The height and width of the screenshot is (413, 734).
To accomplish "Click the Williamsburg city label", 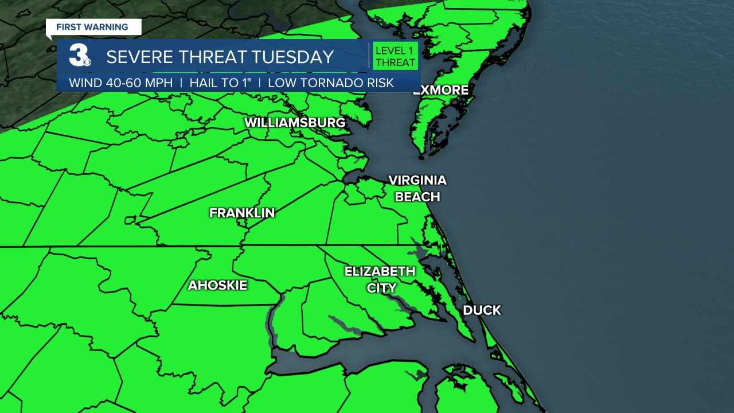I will pos(295,123).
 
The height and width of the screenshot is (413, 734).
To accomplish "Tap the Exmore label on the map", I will pos(440,90).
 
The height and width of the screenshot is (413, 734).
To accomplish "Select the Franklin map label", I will pos(242,213).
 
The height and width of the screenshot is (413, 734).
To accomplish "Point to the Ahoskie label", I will pos(217,285).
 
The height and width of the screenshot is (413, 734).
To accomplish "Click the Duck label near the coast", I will pos(482,310).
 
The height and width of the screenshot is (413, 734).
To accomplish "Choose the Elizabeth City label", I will pos(380,279).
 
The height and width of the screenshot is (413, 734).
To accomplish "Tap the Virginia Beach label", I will pos(417,188).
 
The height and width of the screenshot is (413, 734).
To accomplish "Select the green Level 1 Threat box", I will pos(395,56).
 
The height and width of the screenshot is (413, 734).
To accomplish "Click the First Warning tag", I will pos(92,27).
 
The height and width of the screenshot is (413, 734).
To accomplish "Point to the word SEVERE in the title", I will pos(135,57).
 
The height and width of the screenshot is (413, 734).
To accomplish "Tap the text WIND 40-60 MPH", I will pos(120,83).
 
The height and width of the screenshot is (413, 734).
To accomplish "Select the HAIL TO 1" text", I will pos(220,83).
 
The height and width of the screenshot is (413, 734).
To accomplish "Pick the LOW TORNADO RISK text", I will pos(331,83).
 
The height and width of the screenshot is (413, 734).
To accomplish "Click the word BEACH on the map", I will pos(417,197).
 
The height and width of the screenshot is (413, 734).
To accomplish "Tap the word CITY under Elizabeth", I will pos(381,288).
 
